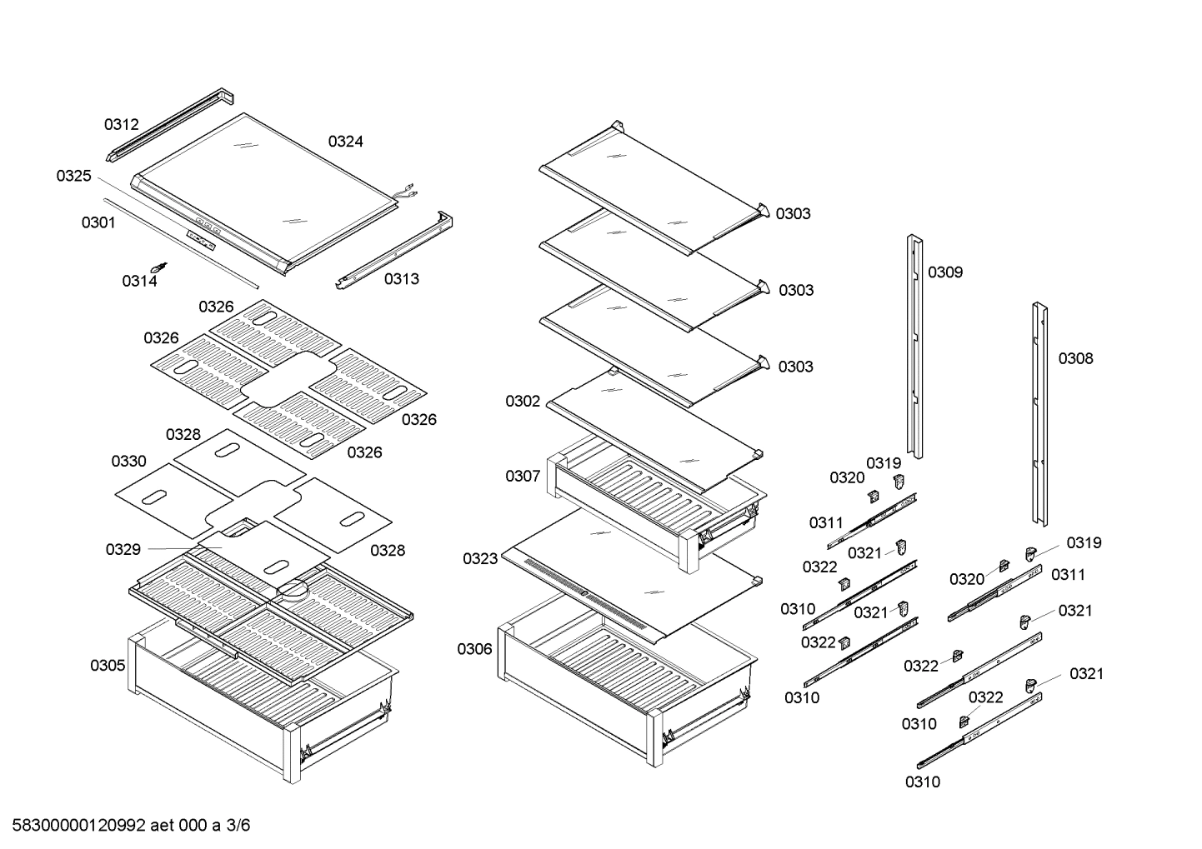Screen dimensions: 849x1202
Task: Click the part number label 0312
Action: coord(121,125)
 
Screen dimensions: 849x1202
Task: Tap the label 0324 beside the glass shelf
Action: coord(345,142)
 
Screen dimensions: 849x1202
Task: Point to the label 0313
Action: coord(401,279)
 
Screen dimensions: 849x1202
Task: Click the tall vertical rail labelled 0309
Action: coord(915,346)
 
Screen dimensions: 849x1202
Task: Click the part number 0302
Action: coord(523,402)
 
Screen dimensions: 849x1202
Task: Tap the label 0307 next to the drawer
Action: coord(523,477)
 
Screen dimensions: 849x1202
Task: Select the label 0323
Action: coord(480,559)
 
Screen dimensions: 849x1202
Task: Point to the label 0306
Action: coord(474,649)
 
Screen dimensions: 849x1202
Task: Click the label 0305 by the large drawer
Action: coord(108,666)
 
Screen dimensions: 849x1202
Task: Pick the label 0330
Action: coord(128,462)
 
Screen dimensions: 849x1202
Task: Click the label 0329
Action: coord(123,550)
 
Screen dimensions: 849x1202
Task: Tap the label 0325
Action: coord(73,176)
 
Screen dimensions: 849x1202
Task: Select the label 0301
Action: coord(98,223)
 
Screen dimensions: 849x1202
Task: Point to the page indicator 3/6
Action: coord(238,826)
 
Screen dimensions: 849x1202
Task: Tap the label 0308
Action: coord(1075,359)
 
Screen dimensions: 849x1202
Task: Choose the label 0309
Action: coord(945,272)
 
